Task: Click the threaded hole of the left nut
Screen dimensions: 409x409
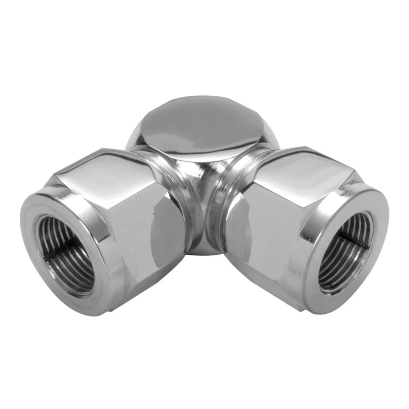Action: (x=65, y=254)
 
